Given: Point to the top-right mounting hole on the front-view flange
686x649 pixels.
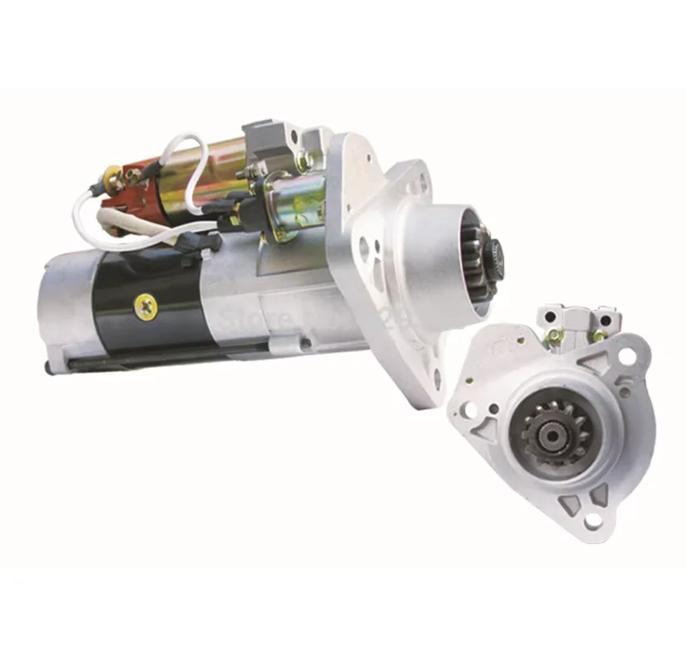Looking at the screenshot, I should (x=627, y=357).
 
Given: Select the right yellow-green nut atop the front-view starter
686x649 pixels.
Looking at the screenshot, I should (x=598, y=334).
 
